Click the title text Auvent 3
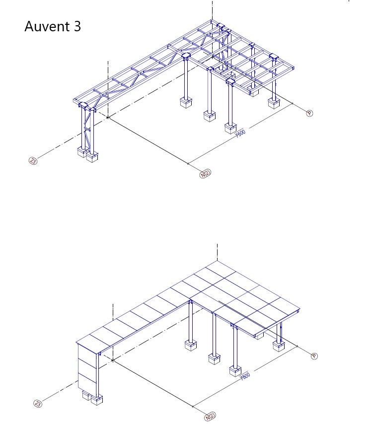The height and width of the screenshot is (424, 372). [x=53, y=26]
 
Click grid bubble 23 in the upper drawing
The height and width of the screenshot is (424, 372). [x=33, y=161]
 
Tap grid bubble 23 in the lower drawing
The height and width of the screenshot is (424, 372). [x=38, y=404]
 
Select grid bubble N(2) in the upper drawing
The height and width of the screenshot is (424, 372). [x=205, y=173]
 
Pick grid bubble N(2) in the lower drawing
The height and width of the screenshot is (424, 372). [x=210, y=417]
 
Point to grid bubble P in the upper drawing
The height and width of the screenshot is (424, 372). [x=309, y=113]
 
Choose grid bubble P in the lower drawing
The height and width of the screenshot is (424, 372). [x=314, y=356]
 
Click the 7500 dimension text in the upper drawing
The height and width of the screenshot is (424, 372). [x=240, y=134]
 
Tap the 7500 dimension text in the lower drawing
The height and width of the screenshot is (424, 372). [x=245, y=376]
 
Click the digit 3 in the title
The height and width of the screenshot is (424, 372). [x=77, y=26]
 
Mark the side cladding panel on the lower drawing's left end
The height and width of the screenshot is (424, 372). [x=87, y=367]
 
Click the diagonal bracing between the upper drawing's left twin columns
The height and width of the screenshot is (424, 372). [x=87, y=127]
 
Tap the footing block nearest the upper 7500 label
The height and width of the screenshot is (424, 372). [x=230, y=128]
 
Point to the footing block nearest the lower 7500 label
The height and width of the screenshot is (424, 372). [x=235, y=371]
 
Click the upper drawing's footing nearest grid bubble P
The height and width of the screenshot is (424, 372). [x=274, y=103]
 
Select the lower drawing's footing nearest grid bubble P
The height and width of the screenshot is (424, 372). [x=279, y=346]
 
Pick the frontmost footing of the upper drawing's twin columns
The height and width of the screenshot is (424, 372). [x=92, y=157]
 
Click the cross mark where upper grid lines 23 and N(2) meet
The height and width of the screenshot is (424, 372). [x=108, y=117]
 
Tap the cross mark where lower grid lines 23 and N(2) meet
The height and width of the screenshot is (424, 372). [x=113, y=360]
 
